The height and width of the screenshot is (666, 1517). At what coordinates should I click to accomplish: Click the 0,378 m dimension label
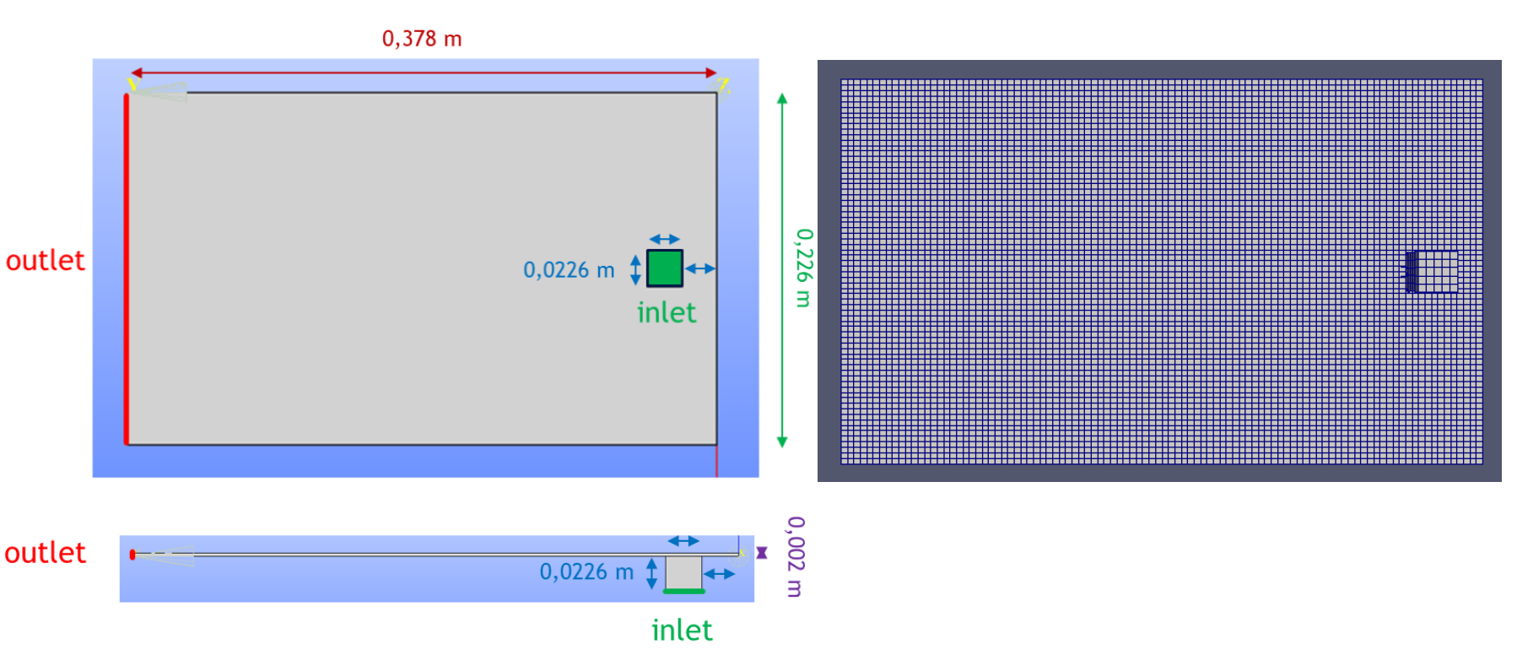[422, 39]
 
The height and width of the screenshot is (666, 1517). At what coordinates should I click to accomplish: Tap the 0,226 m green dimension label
[804, 268]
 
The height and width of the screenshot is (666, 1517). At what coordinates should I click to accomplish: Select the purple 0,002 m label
[796, 557]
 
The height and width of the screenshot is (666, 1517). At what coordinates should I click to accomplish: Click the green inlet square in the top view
[665, 268]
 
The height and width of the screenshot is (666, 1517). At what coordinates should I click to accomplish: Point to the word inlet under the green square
[667, 313]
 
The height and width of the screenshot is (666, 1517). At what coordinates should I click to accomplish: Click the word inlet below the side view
[682, 631]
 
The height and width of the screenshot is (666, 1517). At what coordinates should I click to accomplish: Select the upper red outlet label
[46, 261]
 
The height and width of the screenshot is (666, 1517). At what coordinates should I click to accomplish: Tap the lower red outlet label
[46, 553]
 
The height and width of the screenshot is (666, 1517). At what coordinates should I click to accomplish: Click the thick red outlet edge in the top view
[127, 268]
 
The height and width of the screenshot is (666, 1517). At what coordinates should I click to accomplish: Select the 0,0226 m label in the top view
[569, 270]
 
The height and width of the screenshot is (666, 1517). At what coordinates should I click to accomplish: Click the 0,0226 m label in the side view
[586, 572]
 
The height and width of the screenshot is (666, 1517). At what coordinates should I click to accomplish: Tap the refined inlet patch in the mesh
[1432, 272]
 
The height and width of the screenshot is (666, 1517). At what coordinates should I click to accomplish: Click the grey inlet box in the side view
[683, 572]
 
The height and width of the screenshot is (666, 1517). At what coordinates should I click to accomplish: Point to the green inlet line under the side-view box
[683, 592]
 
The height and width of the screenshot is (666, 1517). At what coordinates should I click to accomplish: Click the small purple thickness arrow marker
[762, 553]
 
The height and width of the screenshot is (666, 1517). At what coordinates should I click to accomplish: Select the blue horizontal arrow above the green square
[665, 240]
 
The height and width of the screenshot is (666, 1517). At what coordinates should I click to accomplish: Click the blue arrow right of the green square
[700, 268]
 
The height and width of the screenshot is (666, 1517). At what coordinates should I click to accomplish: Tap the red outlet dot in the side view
[132, 555]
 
